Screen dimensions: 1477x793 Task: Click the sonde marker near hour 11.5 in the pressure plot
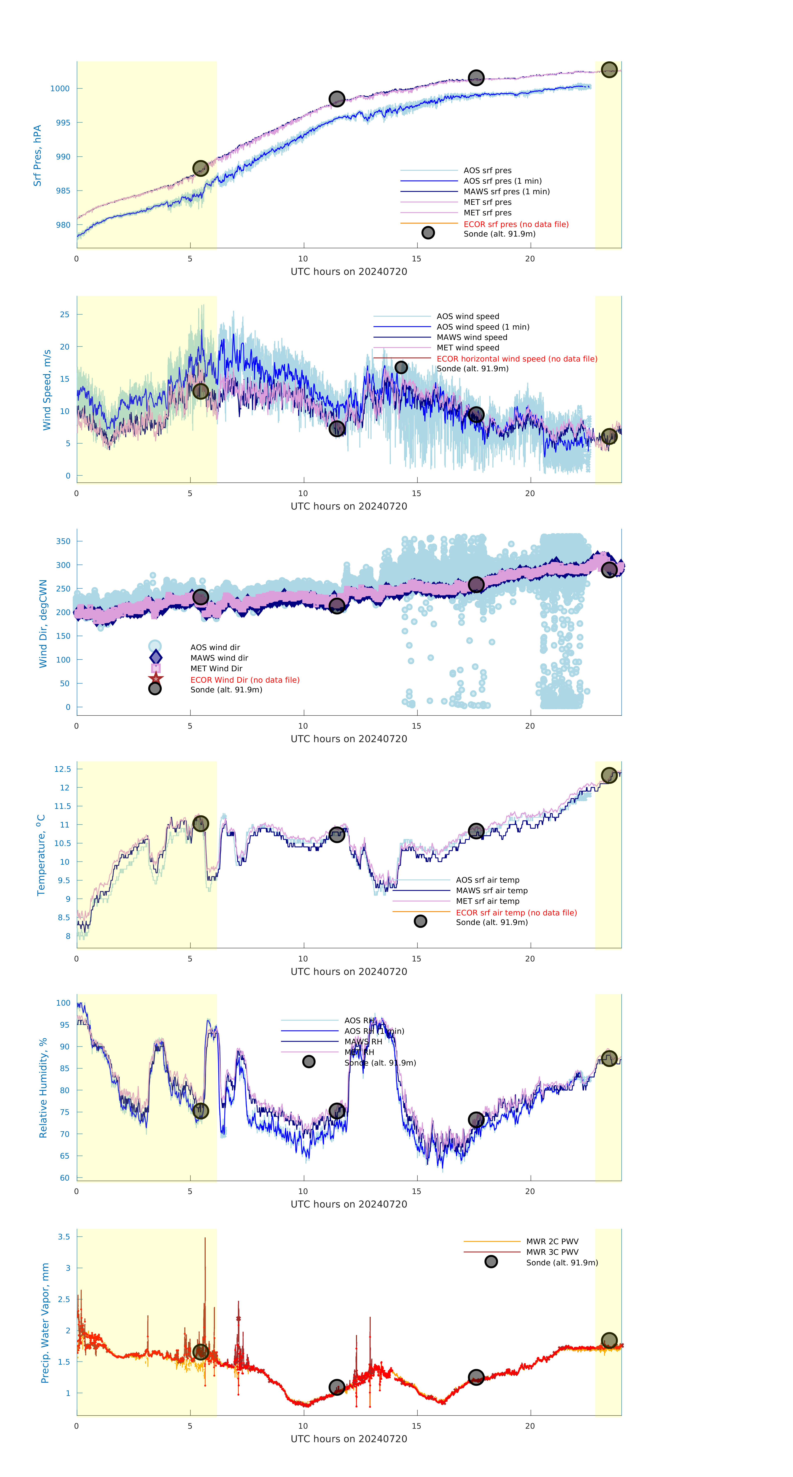pyautogui.click(x=336, y=99)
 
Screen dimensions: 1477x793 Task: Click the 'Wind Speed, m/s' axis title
pyautogui.click(x=47, y=390)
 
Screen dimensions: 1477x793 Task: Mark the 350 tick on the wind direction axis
pyautogui.click(x=63, y=541)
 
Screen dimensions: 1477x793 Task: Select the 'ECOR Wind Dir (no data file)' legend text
pyautogui.click(x=245, y=680)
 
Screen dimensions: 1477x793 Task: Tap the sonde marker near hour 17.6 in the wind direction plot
pyautogui.click(x=476, y=584)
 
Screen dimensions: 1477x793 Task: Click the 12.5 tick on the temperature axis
pyautogui.click(x=62, y=769)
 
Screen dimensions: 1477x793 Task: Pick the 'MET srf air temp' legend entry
pyautogui.click(x=487, y=901)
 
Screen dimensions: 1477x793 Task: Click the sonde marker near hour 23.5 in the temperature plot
pyautogui.click(x=609, y=775)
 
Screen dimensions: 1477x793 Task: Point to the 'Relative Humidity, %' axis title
pyautogui.click(x=43, y=1088)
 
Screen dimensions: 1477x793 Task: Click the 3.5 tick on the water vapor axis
pyautogui.click(x=64, y=1237)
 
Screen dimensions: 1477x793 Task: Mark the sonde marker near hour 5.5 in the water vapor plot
pyautogui.click(x=200, y=1352)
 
